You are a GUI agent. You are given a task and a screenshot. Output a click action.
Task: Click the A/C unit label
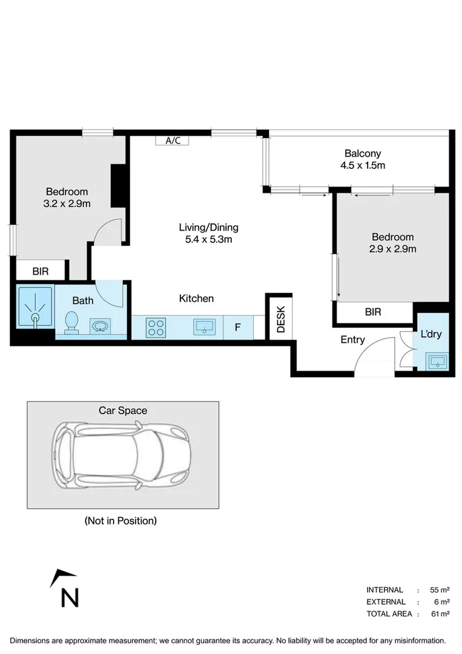coord(173,140)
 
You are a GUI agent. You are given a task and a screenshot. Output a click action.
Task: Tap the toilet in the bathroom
coord(71,323)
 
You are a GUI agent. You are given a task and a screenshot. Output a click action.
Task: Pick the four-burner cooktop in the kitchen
coord(155,328)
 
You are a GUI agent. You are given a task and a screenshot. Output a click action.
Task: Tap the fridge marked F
coord(238,328)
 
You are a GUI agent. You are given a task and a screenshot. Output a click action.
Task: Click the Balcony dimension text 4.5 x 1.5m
coord(363,165)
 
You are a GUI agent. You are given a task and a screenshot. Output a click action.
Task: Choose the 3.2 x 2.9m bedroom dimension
coord(67,203)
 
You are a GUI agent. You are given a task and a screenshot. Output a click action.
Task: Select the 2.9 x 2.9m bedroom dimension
coord(392,248)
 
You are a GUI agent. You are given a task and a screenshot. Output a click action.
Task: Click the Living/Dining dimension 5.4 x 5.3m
coord(208,239)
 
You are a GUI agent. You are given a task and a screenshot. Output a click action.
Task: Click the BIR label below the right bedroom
coord(373,312)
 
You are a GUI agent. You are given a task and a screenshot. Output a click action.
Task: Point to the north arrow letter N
coord(70,598)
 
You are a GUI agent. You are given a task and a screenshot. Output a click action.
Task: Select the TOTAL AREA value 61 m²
coord(440,613)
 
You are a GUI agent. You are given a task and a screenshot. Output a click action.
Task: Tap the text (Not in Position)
coord(120,520)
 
